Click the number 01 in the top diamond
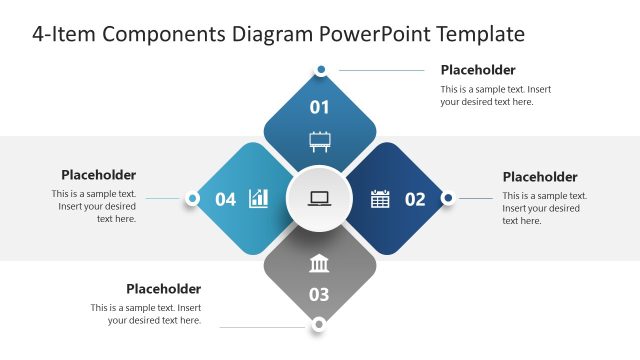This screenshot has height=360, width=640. coord(320,107)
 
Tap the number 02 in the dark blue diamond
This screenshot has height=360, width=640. coord(415,199)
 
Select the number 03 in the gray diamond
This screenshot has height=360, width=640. coord(320,294)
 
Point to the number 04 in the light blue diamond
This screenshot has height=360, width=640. coord(226,199)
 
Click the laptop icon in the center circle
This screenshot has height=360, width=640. coord(320,198)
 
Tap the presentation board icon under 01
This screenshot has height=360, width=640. coord(320,140)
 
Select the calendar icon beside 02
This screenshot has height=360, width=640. coord(380,199)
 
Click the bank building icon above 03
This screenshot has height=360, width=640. coord(320,264)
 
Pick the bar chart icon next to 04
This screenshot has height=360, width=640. coord(259,198)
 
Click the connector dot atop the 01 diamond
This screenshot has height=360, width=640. coord(321,70)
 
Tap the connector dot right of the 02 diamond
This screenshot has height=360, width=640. coord(448,198)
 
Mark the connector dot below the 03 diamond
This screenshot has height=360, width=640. coord(319,324)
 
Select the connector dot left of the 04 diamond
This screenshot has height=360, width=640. coord(192,198)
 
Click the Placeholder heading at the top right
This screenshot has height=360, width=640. coord(478,70)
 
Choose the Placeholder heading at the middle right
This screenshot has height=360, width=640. coord(540,177)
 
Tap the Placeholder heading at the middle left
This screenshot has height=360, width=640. coord(98,175)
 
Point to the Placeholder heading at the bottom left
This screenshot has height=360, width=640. coord(163,289)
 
